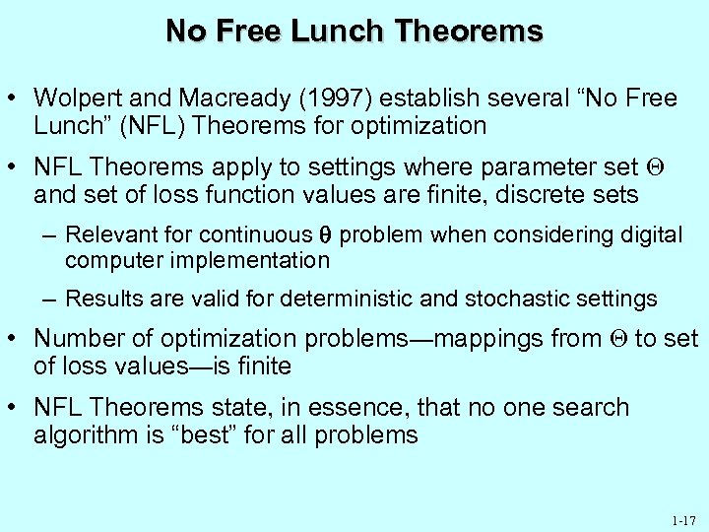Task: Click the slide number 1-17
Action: click(x=681, y=519)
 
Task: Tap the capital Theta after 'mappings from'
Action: click(x=617, y=339)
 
